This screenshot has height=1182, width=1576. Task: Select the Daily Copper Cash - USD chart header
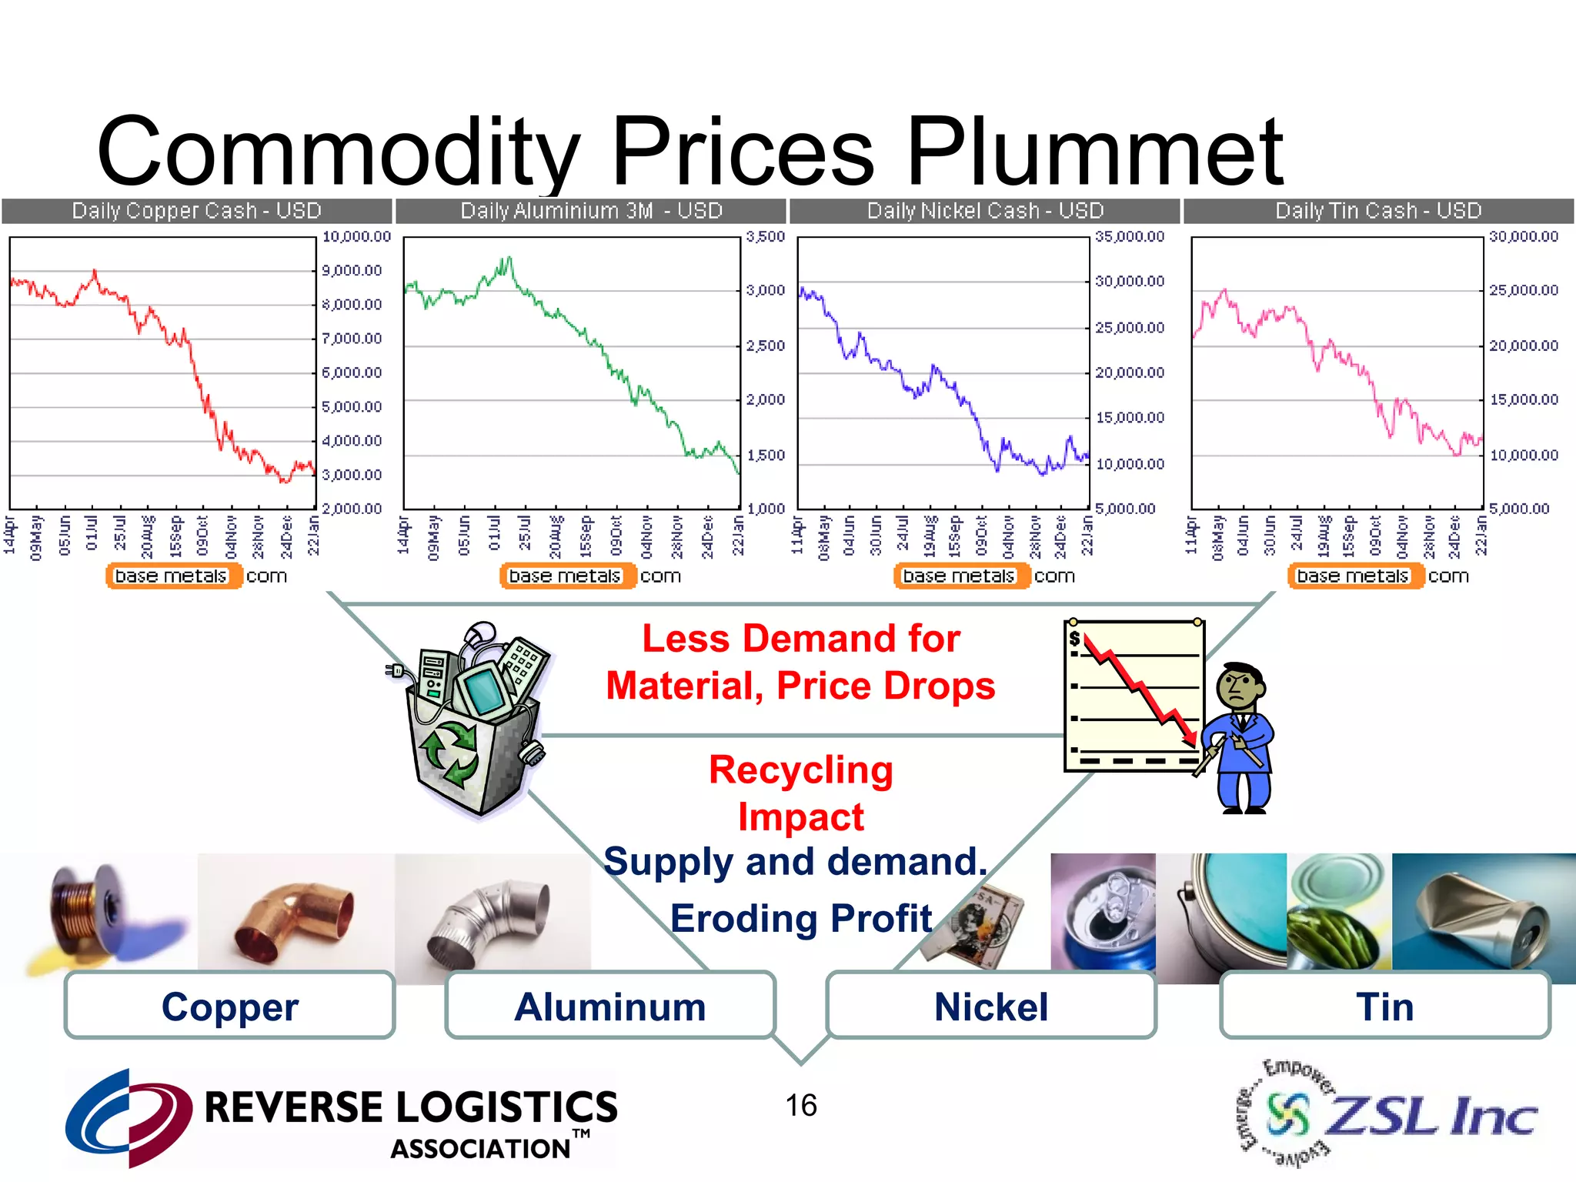[x=196, y=211]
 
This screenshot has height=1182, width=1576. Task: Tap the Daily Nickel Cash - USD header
[x=985, y=211]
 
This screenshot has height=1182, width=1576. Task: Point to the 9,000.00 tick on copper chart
[x=352, y=271]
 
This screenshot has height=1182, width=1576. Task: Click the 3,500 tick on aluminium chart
[x=765, y=237]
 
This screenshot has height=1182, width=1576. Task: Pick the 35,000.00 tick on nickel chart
[x=1130, y=237]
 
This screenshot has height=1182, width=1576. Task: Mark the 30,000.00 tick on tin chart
[x=1524, y=237]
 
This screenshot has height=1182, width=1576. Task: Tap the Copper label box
[x=229, y=1007]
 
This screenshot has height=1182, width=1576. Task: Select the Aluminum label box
[x=609, y=1007]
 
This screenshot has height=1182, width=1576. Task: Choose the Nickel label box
[x=991, y=1007]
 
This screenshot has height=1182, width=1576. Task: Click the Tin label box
[x=1385, y=1007]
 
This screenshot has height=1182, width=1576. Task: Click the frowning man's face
[x=1238, y=688]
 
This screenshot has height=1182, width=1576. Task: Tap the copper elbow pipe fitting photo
[x=295, y=916]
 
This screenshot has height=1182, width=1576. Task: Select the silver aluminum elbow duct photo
[x=492, y=920]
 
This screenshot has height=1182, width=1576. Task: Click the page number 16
[x=800, y=1106]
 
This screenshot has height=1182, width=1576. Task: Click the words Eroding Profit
[x=800, y=919]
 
